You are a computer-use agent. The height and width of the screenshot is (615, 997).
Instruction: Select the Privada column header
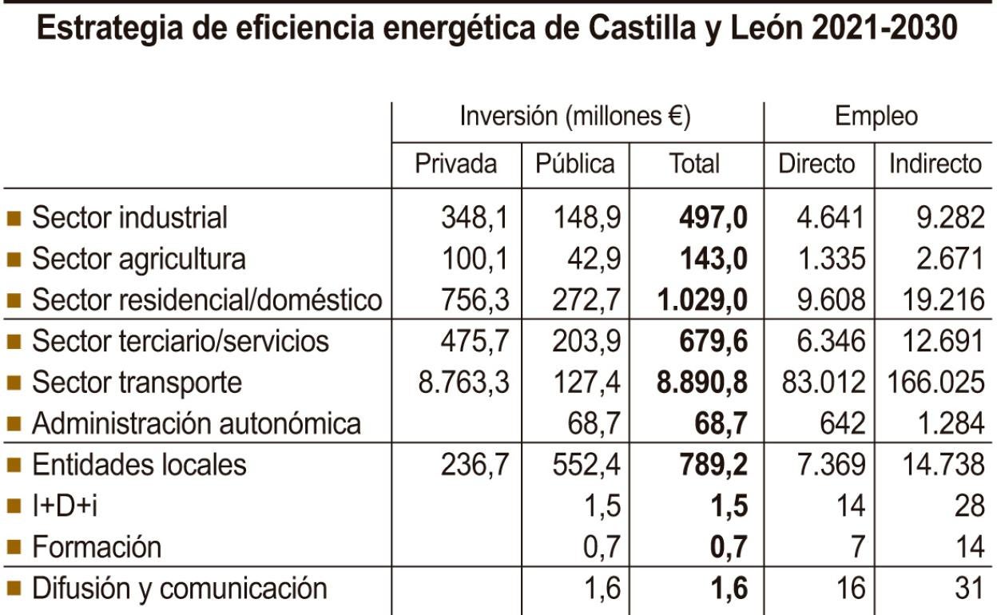455,164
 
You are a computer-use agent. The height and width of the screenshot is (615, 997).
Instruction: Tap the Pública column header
575,164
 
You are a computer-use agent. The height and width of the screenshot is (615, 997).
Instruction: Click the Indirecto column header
935,164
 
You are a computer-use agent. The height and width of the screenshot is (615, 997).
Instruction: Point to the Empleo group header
876,117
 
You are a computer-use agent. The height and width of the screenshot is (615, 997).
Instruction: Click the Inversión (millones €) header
575,117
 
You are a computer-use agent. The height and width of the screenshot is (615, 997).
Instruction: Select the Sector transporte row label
137,383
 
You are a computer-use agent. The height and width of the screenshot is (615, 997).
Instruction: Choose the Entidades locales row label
139,465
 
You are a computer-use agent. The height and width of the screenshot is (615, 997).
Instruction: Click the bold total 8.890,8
701,383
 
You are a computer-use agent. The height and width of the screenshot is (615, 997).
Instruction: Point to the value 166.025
935,383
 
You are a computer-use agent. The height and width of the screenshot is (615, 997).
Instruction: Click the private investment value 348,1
475,217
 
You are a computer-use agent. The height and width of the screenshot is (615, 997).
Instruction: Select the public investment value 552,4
586,465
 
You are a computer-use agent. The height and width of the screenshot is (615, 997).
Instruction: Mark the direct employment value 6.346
831,341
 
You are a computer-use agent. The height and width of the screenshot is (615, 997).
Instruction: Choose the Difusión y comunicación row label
179,589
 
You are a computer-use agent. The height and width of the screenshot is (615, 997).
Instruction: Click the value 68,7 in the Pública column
594,423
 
